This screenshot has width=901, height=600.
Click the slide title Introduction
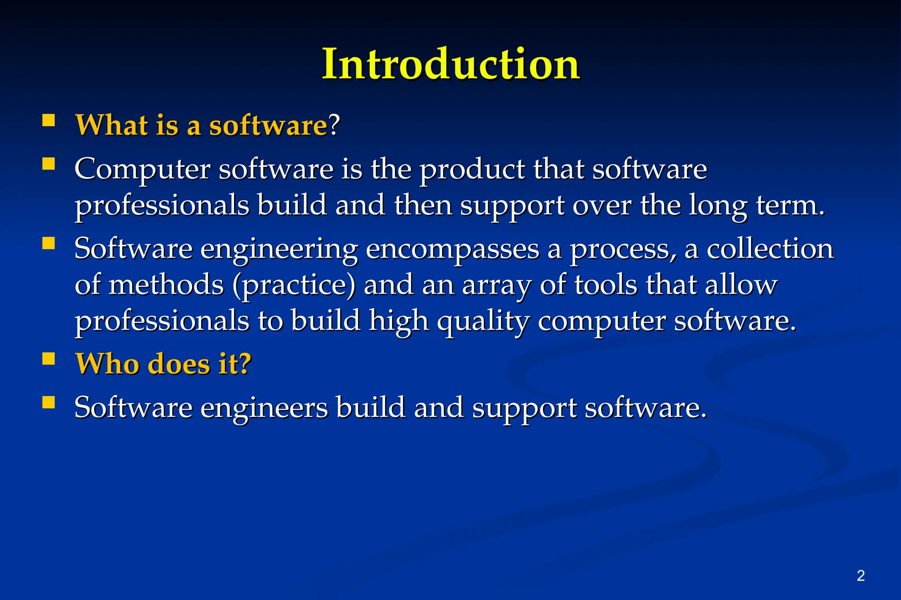coord(450,65)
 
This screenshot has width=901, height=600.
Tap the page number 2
coord(861,575)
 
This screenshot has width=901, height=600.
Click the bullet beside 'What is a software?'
coord(49,120)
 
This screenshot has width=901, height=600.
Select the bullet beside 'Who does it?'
coord(49,359)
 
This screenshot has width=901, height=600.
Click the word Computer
coord(142,169)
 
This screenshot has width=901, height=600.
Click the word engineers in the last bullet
coord(264,408)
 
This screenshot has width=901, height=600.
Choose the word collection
coord(770,249)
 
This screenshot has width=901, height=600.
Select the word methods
coord(166,285)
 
